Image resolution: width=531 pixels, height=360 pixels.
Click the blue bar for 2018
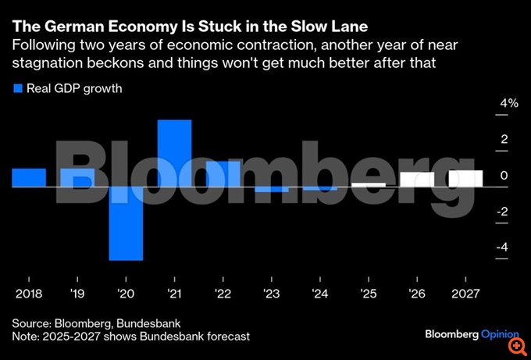click(29, 178)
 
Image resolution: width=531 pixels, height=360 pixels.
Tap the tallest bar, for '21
click(175, 154)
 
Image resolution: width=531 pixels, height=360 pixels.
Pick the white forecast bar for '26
click(417, 180)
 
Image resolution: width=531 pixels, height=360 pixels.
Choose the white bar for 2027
click(465, 179)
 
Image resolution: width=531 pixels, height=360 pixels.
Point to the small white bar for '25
click(369, 185)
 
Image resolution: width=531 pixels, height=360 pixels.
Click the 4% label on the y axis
click(509, 103)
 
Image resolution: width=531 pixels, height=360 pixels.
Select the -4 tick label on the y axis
click(503, 247)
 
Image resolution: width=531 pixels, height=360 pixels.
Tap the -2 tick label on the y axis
click(503, 211)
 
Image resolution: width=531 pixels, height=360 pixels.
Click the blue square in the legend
click(17, 88)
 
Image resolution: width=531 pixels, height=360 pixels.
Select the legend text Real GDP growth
click(74, 88)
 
